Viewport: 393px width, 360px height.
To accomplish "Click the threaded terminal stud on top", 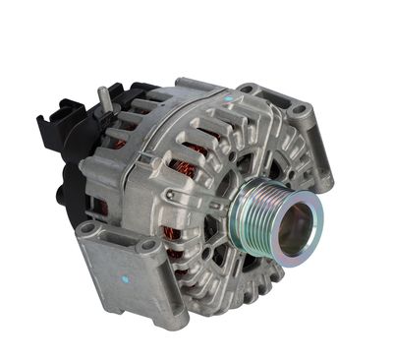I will tap(101, 98).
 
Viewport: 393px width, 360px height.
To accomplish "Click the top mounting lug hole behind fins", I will tap(246, 90).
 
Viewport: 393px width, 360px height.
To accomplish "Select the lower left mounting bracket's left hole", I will tap(89, 229).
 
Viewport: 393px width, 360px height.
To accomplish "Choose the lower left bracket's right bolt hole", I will tap(149, 246).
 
